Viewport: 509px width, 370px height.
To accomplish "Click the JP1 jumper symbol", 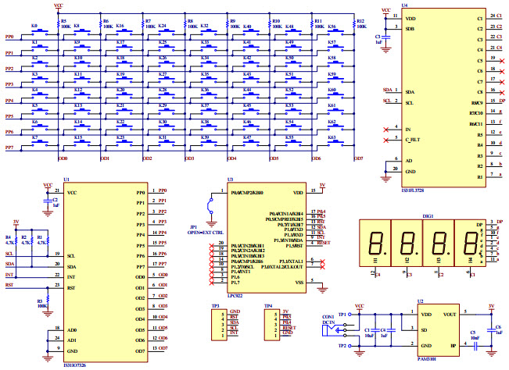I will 210,206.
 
